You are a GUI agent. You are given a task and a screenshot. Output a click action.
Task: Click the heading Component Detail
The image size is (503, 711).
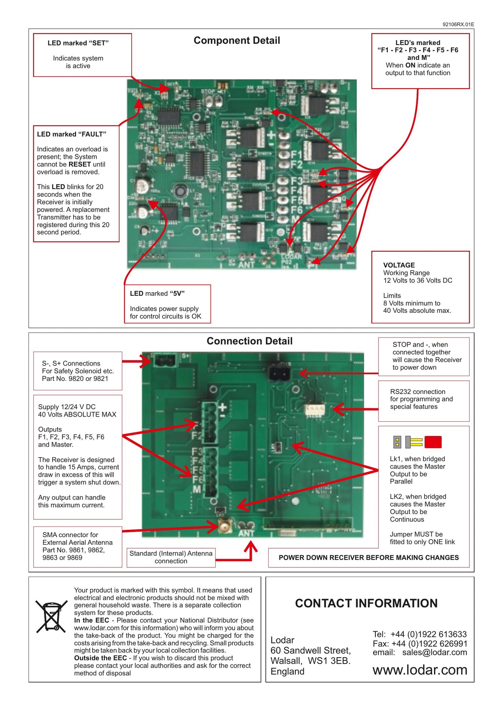237,41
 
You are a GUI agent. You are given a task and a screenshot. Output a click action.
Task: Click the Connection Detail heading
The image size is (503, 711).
249,341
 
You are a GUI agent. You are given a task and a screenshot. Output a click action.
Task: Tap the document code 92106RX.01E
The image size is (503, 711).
458,25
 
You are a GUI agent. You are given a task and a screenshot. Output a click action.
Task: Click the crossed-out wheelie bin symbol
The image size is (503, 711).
52,616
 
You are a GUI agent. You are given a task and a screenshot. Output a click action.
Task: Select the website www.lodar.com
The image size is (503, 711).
419,670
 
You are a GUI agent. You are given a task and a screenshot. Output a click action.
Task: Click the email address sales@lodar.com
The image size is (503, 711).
434,652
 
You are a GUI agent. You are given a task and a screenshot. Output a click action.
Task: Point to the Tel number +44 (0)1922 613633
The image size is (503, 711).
428,634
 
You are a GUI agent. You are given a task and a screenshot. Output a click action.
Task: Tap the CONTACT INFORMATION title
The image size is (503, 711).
366,603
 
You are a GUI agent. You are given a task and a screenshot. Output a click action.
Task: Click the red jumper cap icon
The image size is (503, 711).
433,442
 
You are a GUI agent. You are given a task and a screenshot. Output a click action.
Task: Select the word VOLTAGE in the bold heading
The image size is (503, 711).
399,265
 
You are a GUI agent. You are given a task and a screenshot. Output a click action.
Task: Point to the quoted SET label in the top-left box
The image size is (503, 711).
99,43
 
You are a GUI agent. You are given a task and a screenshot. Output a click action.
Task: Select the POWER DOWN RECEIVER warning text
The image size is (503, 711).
369,557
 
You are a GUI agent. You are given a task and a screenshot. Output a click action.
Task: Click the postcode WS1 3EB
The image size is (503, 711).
329,661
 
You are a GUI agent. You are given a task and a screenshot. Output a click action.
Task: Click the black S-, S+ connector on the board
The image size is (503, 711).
165,361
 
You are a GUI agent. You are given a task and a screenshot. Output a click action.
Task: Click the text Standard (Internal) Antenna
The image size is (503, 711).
171,554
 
